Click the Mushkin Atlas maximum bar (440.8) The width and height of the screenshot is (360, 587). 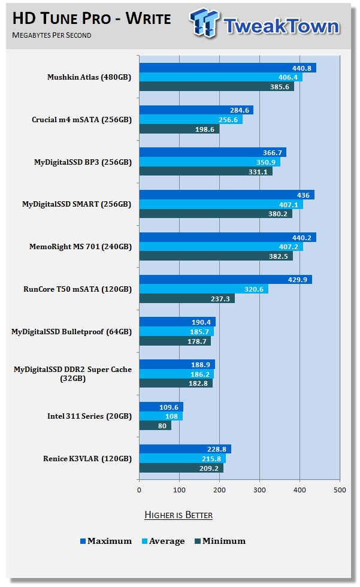pyautogui.click(x=228, y=68)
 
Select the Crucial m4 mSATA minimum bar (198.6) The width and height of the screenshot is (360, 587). pyautogui.click(x=179, y=129)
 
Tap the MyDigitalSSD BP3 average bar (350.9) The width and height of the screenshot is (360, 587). pyautogui.click(x=210, y=162)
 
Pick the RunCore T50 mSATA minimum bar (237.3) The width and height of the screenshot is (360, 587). pyautogui.click(x=187, y=298)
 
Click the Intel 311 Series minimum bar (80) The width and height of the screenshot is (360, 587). pyautogui.click(x=155, y=425)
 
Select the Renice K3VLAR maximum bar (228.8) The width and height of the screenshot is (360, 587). pyautogui.click(x=185, y=449)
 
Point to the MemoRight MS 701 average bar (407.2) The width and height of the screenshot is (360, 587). pyautogui.click(x=221, y=247)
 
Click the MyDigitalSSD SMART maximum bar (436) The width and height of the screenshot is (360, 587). pyautogui.click(x=226, y=195)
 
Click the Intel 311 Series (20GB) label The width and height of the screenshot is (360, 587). pyautogui.click(x=89, y=416)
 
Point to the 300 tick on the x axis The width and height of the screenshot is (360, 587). pyautogui.click(x=259, y=491)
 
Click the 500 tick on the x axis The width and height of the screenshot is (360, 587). pyautogui.click(x=340, y=491)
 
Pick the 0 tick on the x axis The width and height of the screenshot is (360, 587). pyautogui.click(x=139, y=491)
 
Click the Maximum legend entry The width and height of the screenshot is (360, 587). pyautogui.click(x=106, y=541)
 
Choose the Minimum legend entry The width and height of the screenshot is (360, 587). pyautogui.click(x=219, y=541)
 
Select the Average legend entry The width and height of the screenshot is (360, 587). pyautogui.click(x=162, y=541)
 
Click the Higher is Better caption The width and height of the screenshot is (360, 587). pyautogui.click(x=179, y=515)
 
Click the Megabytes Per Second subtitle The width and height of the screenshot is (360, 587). pyautogui.click(x=52, y=35)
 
